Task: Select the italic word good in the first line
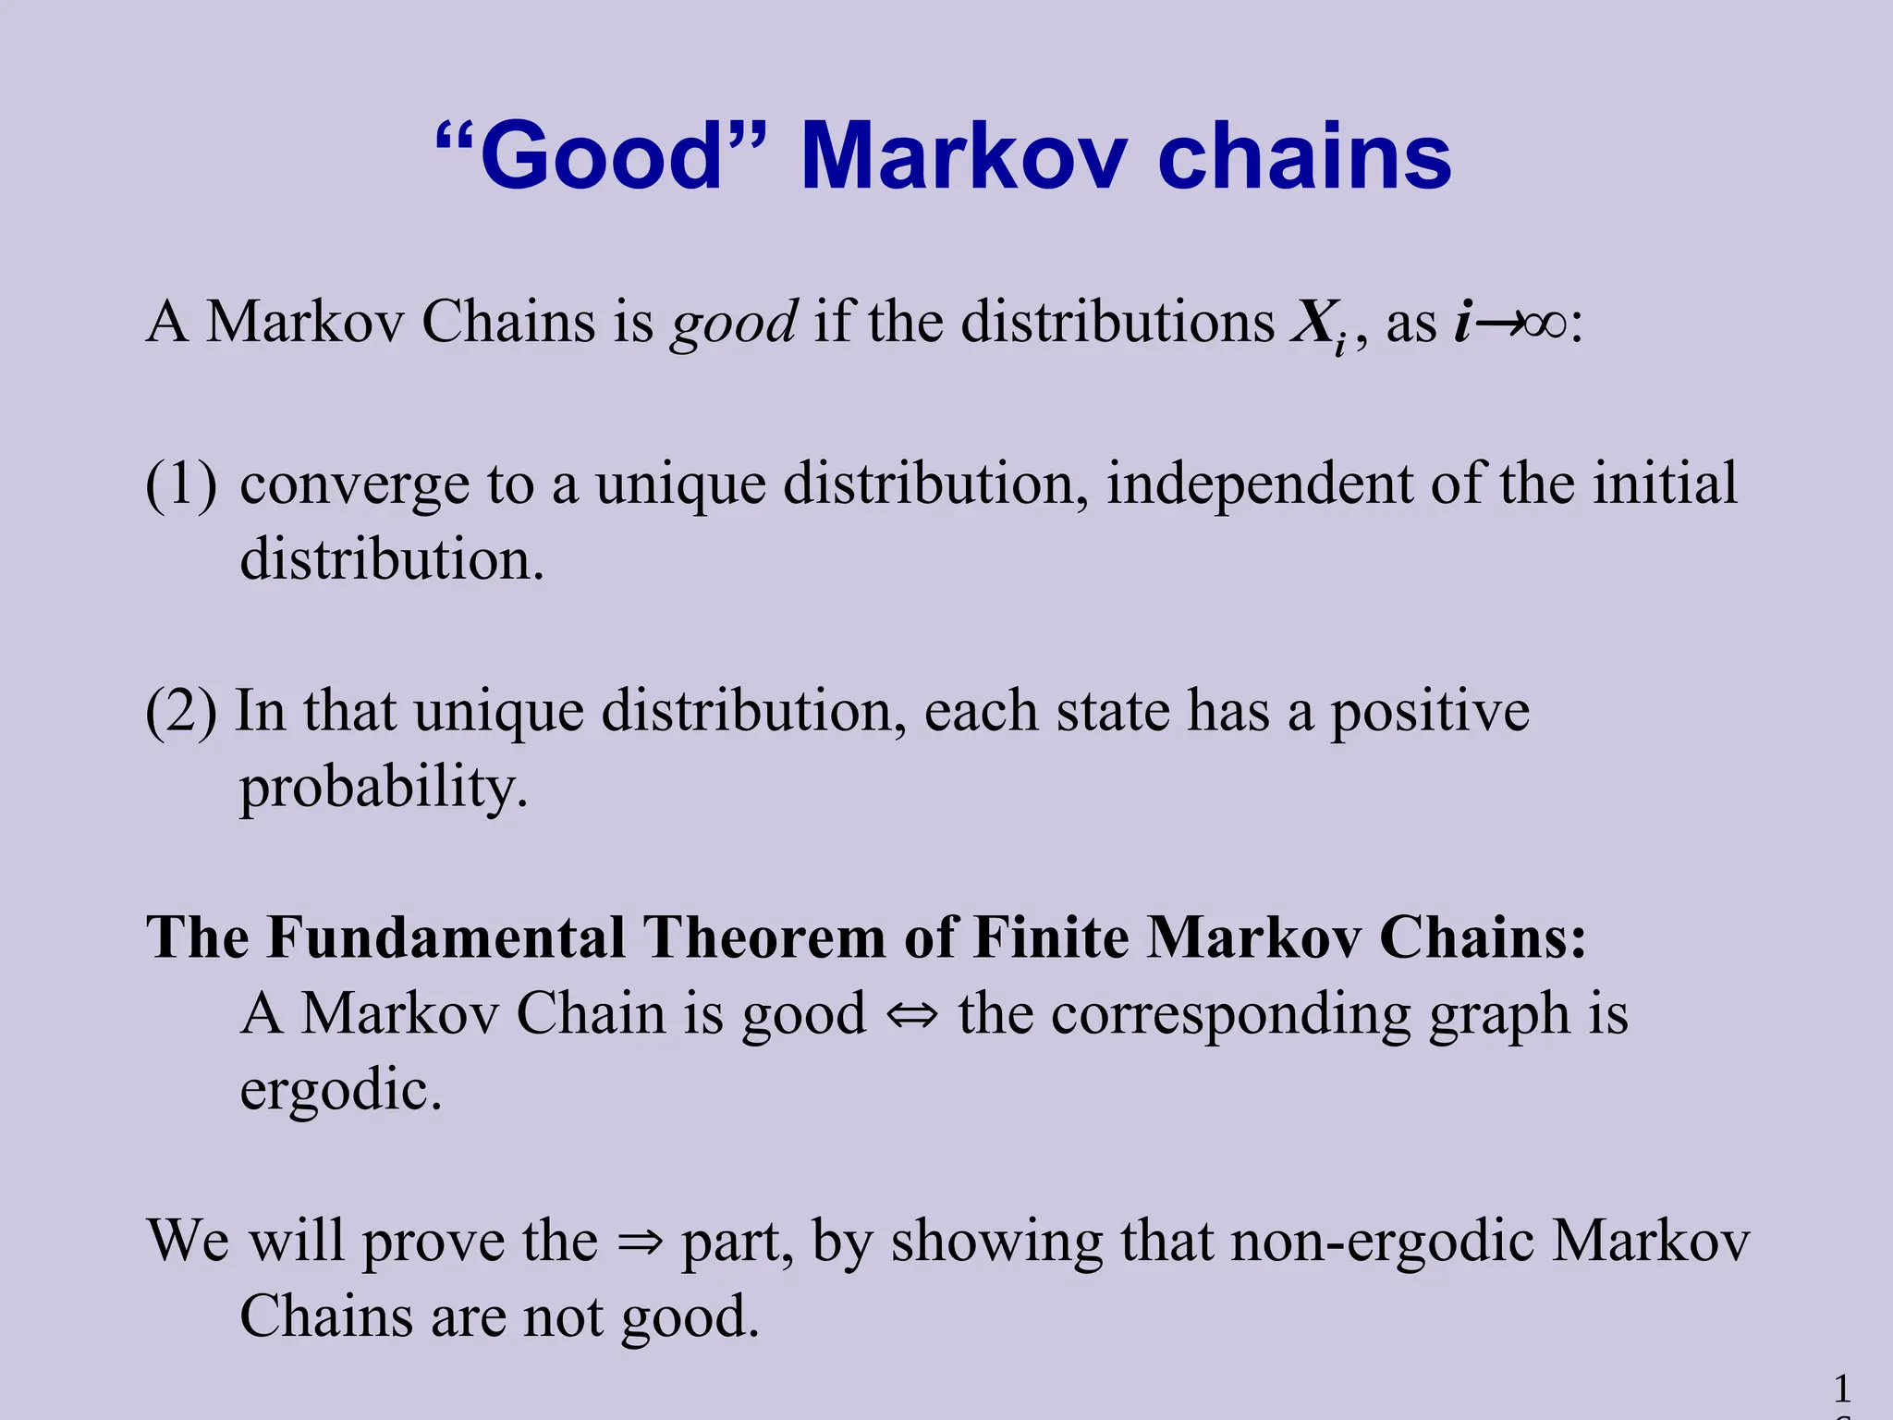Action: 734,324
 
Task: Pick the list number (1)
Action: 181,484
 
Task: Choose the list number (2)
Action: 181,711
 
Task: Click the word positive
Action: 1430,713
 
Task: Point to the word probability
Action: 383,789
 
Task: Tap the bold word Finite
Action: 1051,937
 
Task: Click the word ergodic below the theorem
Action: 340,1092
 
